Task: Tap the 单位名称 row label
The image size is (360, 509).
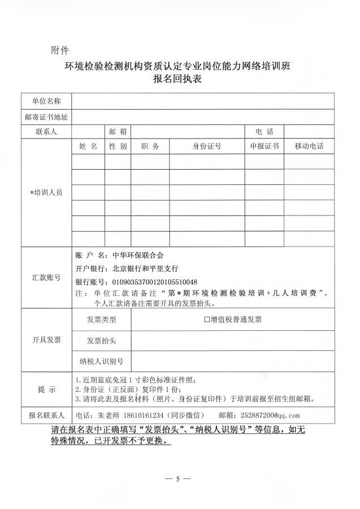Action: (x=46, y=101)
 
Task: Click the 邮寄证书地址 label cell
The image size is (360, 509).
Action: (x=46, y=117)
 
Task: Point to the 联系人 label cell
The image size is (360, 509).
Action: (x=46, y=131)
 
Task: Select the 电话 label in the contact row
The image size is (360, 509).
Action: (x=264, y=131)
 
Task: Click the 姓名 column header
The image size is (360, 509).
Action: (x=88, y=146)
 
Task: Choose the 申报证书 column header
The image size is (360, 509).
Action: (x=264, y=146)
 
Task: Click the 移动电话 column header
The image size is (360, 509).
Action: (x=309, y=146)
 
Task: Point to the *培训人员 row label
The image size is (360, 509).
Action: (x=46, y=192)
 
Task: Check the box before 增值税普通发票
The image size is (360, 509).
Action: (x=207, y=320)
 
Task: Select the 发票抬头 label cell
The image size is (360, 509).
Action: (x=102, y=340)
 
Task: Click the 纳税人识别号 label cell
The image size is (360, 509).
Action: (x=102, y=361)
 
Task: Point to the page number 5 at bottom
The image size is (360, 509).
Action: (x=177, y=478)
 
